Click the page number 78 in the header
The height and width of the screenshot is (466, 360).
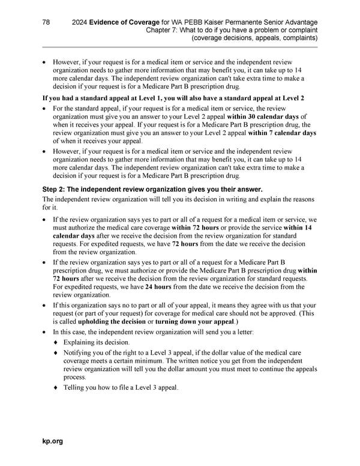point(46,22)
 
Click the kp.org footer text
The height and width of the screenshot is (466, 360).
point(52,441)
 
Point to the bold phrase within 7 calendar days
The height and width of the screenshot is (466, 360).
point(281,133)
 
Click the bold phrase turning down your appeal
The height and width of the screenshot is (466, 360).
point(198,321)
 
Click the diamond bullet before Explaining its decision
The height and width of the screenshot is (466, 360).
point(56,342)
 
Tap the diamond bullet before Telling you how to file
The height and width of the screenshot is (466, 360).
point(56,387)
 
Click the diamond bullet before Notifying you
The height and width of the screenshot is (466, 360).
point(56,353)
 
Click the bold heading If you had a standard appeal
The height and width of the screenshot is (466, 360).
point(172,98)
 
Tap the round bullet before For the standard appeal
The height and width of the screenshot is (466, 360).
point(44,108)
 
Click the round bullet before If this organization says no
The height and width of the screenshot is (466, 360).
point(44,305)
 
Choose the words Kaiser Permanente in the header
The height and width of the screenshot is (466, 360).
point(230,22)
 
